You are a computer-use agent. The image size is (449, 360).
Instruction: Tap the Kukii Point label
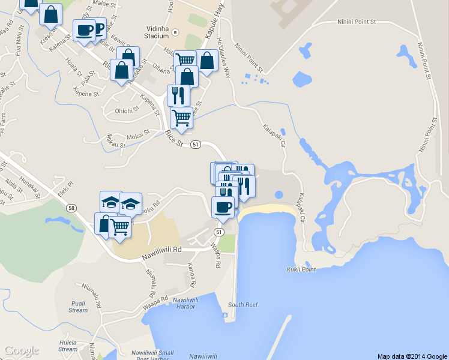click(x=301, y=269)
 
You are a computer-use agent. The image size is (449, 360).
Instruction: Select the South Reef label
click(x=243, y=305)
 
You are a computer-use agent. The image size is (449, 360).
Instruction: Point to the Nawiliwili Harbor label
click(x=185, y=303)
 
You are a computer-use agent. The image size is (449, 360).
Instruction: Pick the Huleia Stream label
click(x=68, y=346)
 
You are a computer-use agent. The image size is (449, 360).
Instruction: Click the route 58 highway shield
click(x=72, y=208)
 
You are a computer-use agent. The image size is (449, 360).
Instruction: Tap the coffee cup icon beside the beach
click(x=223, y=207)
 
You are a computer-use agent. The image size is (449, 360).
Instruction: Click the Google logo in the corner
click(x=21, y=350)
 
